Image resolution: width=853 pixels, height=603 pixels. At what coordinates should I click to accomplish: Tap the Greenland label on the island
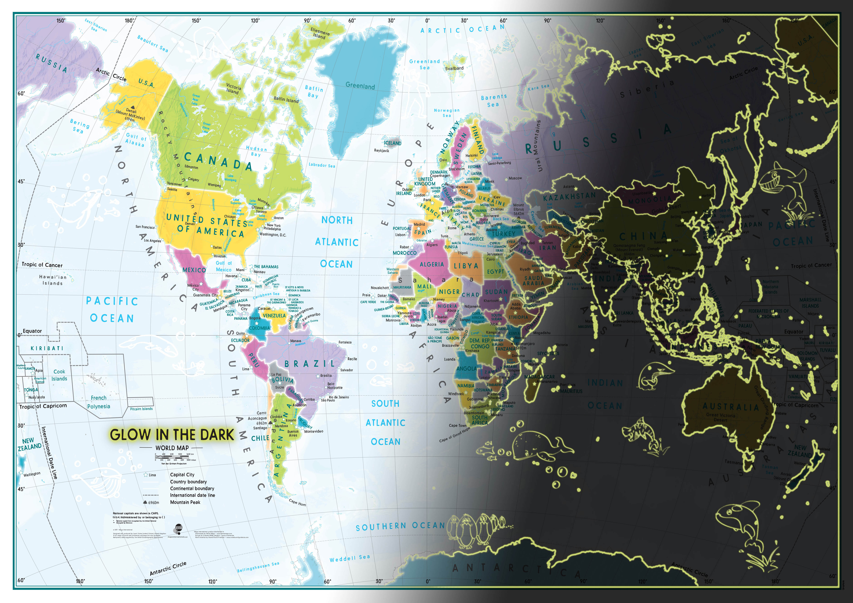360,86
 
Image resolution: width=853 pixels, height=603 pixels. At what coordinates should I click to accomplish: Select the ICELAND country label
393,143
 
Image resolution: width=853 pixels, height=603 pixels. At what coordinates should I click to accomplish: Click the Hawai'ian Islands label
53,280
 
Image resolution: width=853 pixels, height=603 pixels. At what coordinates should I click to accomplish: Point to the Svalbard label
454,68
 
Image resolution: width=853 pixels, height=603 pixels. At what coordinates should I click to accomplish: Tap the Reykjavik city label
381,151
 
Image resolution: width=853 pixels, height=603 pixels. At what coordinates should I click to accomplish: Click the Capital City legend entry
182,475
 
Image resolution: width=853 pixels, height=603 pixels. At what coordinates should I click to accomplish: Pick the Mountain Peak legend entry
185,502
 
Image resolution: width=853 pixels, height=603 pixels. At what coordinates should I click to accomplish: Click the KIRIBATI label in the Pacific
47,348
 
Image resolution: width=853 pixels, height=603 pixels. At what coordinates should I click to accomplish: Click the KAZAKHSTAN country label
569,197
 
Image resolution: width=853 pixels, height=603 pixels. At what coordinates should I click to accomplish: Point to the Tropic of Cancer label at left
42,265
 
